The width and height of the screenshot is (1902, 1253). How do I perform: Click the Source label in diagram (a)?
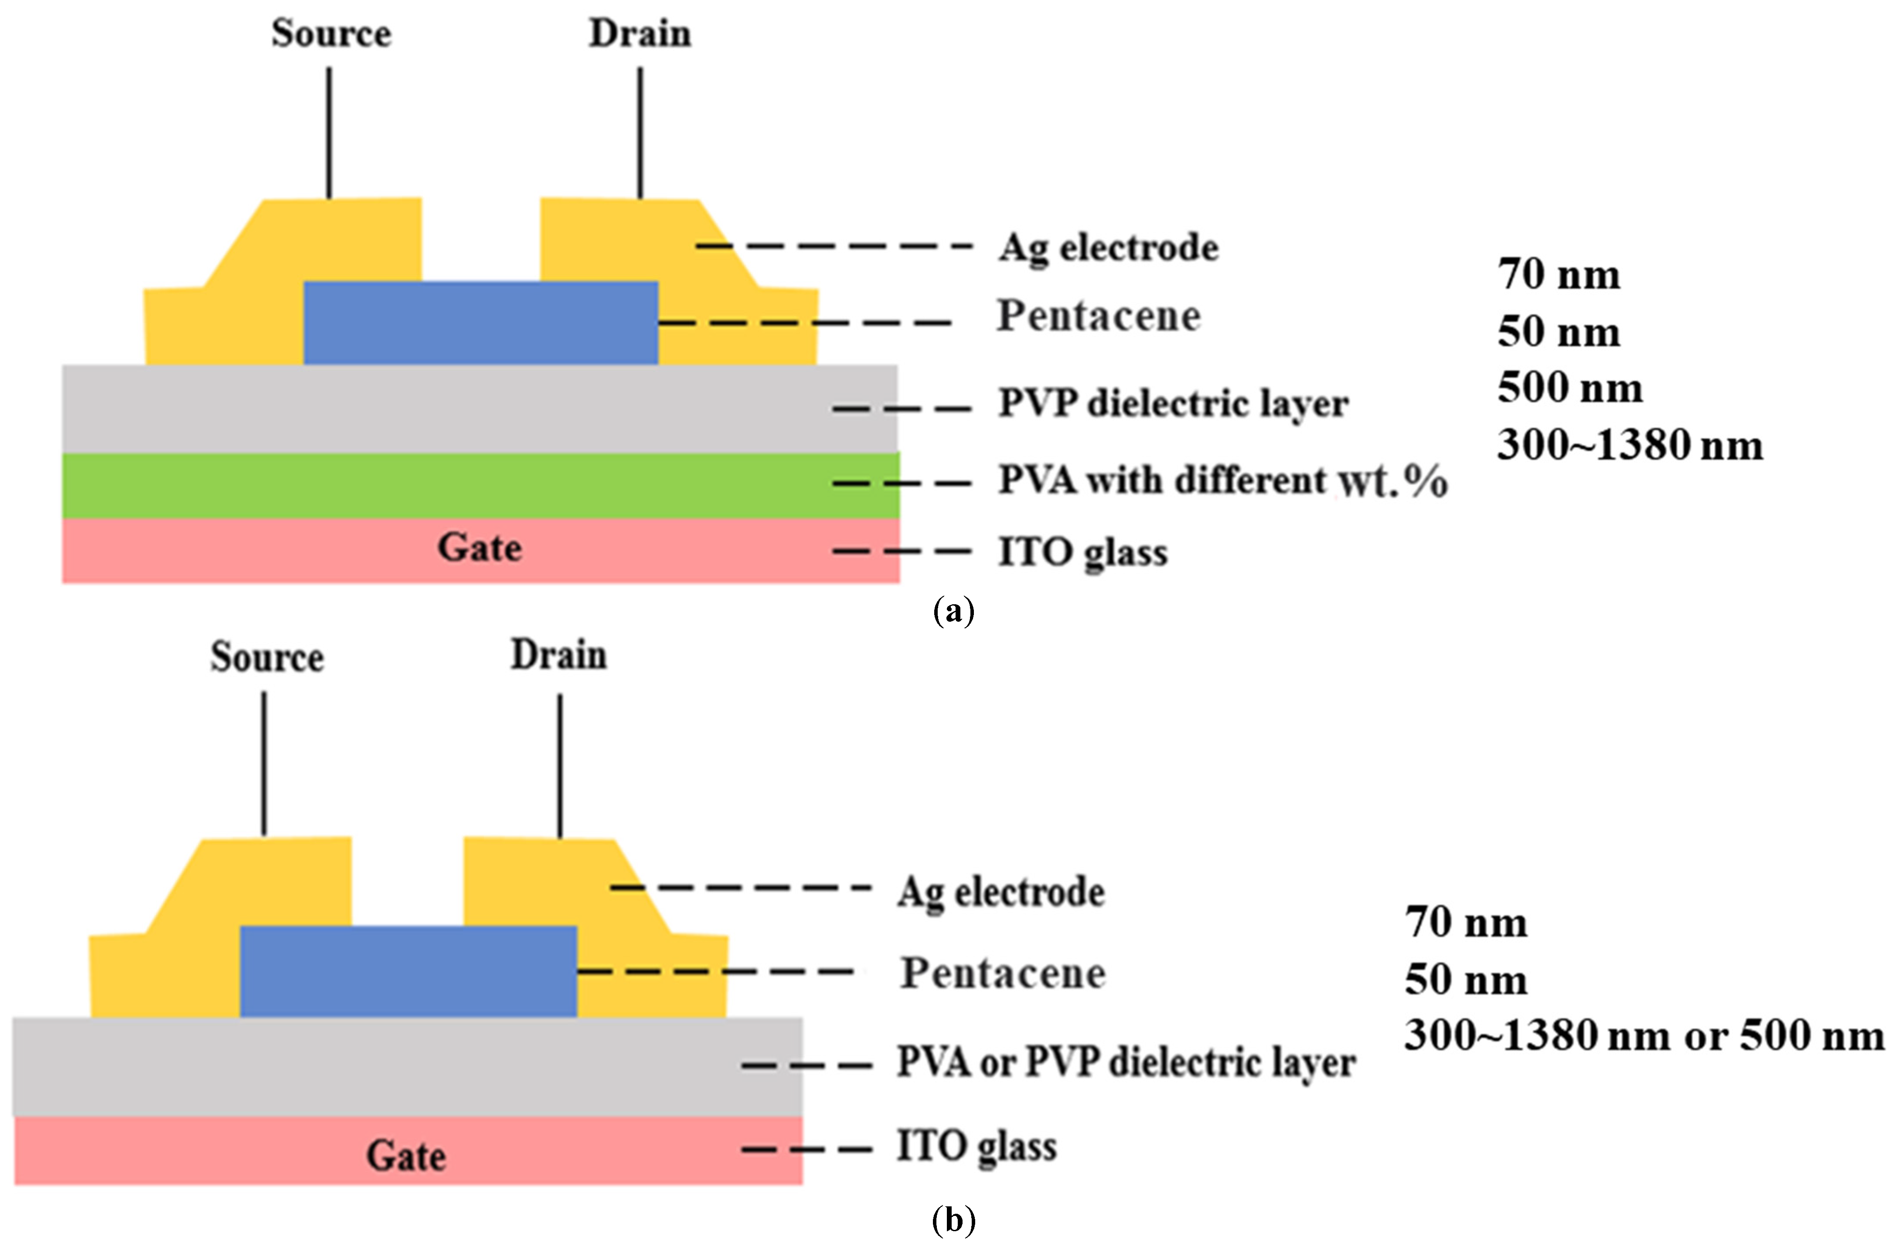(x=331, y=34)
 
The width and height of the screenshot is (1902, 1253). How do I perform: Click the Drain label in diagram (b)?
(x=558, y=655)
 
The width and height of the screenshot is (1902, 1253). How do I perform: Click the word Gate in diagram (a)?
(x=480, y=548)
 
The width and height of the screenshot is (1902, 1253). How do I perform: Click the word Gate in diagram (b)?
(x=406, y=1155)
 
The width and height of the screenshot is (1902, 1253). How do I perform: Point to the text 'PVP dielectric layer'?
(x=1173, y=404)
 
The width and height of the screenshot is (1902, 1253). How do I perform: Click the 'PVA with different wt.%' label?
(x=1223, y=481)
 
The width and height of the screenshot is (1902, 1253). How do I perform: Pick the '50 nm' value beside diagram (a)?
(x=1558, y=332)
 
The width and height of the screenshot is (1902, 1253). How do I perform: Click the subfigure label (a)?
(x=953, y=611)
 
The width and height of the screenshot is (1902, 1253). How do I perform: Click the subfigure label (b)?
(x=953, y=1221)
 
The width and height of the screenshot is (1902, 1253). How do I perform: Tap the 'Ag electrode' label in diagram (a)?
(x=1109, y=248)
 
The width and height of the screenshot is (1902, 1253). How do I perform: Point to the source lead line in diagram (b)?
(x=265, y=763)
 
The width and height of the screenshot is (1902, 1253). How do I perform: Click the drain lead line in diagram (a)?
(x=640, y=132)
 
